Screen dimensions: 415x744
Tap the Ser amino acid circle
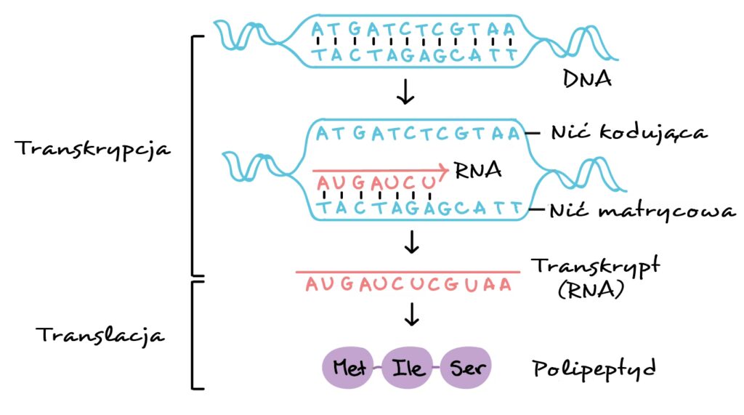pyautogui.click(x=465, y=368)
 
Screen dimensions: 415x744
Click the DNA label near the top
pyautogui.click(x=587, y=77)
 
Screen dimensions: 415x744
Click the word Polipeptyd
pyautogui.click(x=594, y=368)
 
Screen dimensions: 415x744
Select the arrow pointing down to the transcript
pyautogui.click(x=412, y=241)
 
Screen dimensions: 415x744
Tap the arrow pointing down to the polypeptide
pyautogui.click(x=412, y=314)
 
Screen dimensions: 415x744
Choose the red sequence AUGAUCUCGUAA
pyautogui.click(x=408, y=285)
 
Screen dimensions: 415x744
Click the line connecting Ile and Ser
pyautogui.click(x=436, y=368)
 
